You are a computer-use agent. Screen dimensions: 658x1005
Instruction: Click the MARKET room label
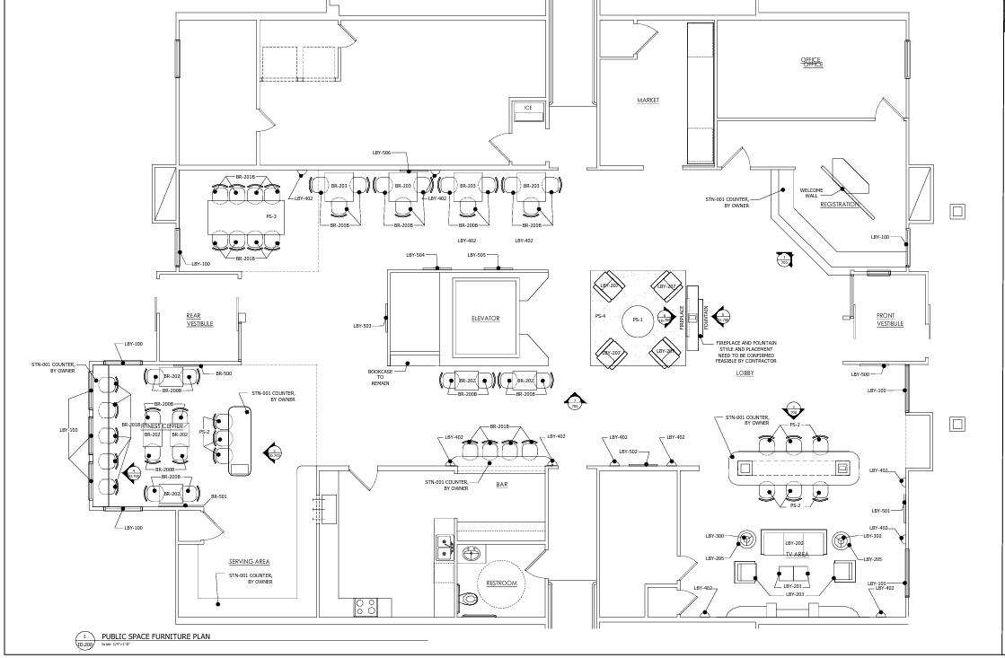pos(648,101)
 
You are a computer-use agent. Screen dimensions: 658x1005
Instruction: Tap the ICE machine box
pos(528,109)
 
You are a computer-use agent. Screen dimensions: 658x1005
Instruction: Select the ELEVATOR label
pos(485,319)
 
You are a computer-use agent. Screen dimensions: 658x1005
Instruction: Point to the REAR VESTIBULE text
pos(199,319)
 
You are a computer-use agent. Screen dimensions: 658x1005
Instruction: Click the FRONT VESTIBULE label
pos(889,320)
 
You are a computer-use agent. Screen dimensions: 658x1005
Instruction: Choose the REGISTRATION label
pos(839,205)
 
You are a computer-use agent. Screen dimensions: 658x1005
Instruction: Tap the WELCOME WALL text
pos(811,192)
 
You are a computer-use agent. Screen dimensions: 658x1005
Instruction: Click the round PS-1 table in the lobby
pos(638,320)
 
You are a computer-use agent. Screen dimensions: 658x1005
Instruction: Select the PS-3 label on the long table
pos(271,216)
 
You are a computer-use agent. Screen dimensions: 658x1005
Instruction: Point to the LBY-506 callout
pos(381,154)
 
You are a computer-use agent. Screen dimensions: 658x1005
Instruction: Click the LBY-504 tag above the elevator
pos(415,256)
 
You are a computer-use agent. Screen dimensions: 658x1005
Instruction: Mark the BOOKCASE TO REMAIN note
pos(380,377)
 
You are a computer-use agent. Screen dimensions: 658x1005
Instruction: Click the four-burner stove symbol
pos(365,607)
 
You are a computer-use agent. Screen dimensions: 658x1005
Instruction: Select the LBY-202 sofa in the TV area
pos(795,542)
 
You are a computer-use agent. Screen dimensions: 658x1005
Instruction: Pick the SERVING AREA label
pos(249,562)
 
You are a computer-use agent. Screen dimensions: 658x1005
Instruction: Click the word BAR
pos(501,485)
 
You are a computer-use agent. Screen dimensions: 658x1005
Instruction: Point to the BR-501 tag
pos(218,496)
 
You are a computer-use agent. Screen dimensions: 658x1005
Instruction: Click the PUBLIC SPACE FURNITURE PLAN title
pos(155,636)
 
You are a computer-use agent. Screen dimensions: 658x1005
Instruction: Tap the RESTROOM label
pos(501,583)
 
